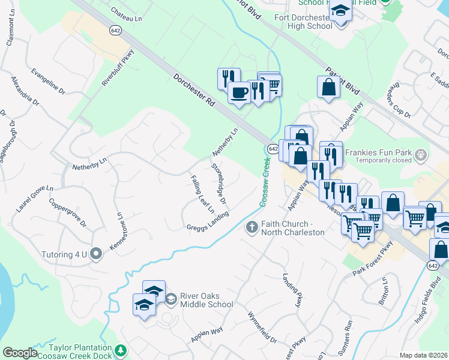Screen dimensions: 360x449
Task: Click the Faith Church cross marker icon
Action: [x=252, y=227]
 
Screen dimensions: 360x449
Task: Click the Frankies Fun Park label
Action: [x=384, y=152]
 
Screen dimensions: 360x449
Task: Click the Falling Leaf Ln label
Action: [x=202, y=194]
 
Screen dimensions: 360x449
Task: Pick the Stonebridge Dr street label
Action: [x=218, y=183]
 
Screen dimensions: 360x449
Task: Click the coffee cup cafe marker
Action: [x=239, y=93]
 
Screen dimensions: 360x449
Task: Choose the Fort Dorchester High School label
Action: [x=303, y=22]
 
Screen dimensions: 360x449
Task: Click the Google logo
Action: [x=20, y=353]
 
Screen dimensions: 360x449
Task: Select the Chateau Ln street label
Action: [x=126, y=19]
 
